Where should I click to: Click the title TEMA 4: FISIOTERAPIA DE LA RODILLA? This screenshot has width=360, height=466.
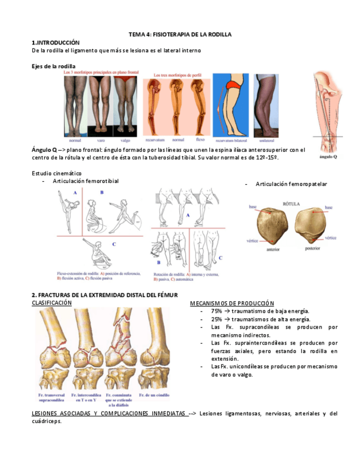click(x=180, y=34)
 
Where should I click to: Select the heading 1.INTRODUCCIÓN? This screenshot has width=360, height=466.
click(x=56, y=42)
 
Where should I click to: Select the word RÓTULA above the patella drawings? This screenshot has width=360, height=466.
click(x=291, y=203)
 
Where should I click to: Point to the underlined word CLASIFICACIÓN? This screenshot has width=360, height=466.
click(x=52, y=303)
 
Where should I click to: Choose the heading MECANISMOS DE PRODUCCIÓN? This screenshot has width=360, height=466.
click(x=232, y=303)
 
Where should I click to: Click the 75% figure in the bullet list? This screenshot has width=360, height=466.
click(x=216, y=311)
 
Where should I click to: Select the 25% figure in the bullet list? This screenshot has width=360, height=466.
click(x=216, y=319)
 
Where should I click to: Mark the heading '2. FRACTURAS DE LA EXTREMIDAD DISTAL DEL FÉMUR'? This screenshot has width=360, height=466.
click(x=104, y=295)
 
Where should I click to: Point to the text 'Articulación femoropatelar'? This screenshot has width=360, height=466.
click(x=291, y=184)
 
